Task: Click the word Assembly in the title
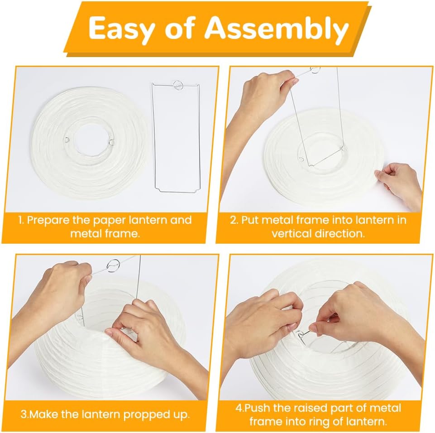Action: [277, 29]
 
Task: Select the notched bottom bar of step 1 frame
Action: [177, 191]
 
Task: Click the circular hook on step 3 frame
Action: [113, 265]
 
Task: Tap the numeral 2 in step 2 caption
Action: [233, 220]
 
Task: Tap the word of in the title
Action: [179, 29]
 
